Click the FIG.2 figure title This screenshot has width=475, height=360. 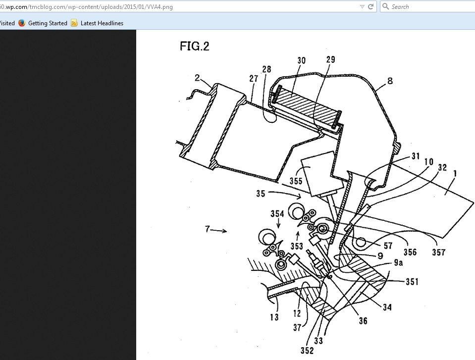(194, 46)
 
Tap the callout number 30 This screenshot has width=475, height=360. (301, 61)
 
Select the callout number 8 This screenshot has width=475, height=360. (390, 80)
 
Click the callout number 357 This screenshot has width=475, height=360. (439, 252)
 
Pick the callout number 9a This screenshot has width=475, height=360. (398, 263)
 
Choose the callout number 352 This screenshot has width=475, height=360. (307, 351)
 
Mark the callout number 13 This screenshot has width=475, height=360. (274, 317)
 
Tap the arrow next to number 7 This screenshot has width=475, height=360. (221, 230)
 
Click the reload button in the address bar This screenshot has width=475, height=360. (370, 7)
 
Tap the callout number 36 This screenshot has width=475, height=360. (363, 320)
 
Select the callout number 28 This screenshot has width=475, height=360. (267, 70)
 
